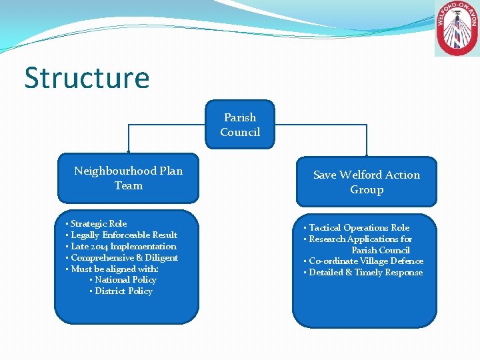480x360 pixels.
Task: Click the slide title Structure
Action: (87, 78)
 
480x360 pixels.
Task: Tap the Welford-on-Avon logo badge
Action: (457, 29)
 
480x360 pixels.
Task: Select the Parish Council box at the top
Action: (240, 125)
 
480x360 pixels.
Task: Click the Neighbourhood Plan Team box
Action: (128, 178)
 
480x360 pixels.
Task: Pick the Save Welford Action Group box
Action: (366, 182)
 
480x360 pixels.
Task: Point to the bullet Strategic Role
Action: (98, 223)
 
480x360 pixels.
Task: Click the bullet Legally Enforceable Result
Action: (123, 235)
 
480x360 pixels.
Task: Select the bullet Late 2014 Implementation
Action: (123, 246)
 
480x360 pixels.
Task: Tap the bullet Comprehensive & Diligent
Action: (124, 257)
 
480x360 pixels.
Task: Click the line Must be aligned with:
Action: (114, 269)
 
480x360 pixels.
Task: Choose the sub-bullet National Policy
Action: (125, 280)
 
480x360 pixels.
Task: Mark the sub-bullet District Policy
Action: (123, 291)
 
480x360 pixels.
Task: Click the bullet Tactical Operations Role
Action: (359, 228)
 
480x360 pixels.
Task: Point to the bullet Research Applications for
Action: (360, 239)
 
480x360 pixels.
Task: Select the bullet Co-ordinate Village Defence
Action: (366, 261)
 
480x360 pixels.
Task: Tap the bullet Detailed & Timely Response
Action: (365, 273)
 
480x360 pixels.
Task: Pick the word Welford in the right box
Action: (360, 175)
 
